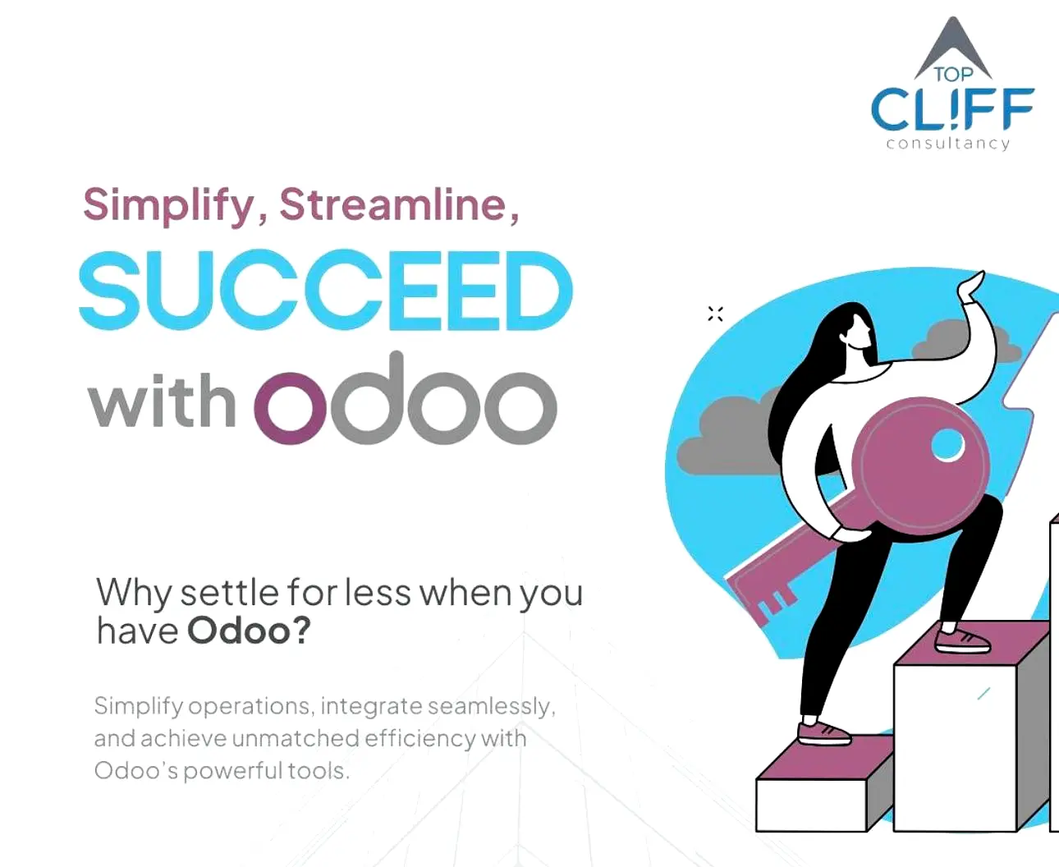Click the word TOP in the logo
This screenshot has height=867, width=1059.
[x=953, y=75]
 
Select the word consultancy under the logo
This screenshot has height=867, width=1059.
[x=948, y=144]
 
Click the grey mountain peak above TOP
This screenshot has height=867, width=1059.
[x=952, y=45]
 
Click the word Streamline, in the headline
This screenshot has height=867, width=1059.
[x=399, y=205]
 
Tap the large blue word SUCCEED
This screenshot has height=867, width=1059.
[x=326, y=291]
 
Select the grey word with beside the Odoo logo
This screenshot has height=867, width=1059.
[x=163, y=401]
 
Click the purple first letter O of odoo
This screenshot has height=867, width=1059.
[x=291, y=408]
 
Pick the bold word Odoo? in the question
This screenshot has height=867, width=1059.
[x=249, y=631]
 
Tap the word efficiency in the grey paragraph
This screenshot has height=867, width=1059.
[x=419, y=740]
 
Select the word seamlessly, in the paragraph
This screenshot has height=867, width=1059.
[x=492, y=706]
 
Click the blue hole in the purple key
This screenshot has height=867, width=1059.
[x=947, y=444]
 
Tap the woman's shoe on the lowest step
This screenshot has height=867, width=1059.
[x=823, y=733]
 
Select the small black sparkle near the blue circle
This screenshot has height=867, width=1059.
[x=716, y=314]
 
